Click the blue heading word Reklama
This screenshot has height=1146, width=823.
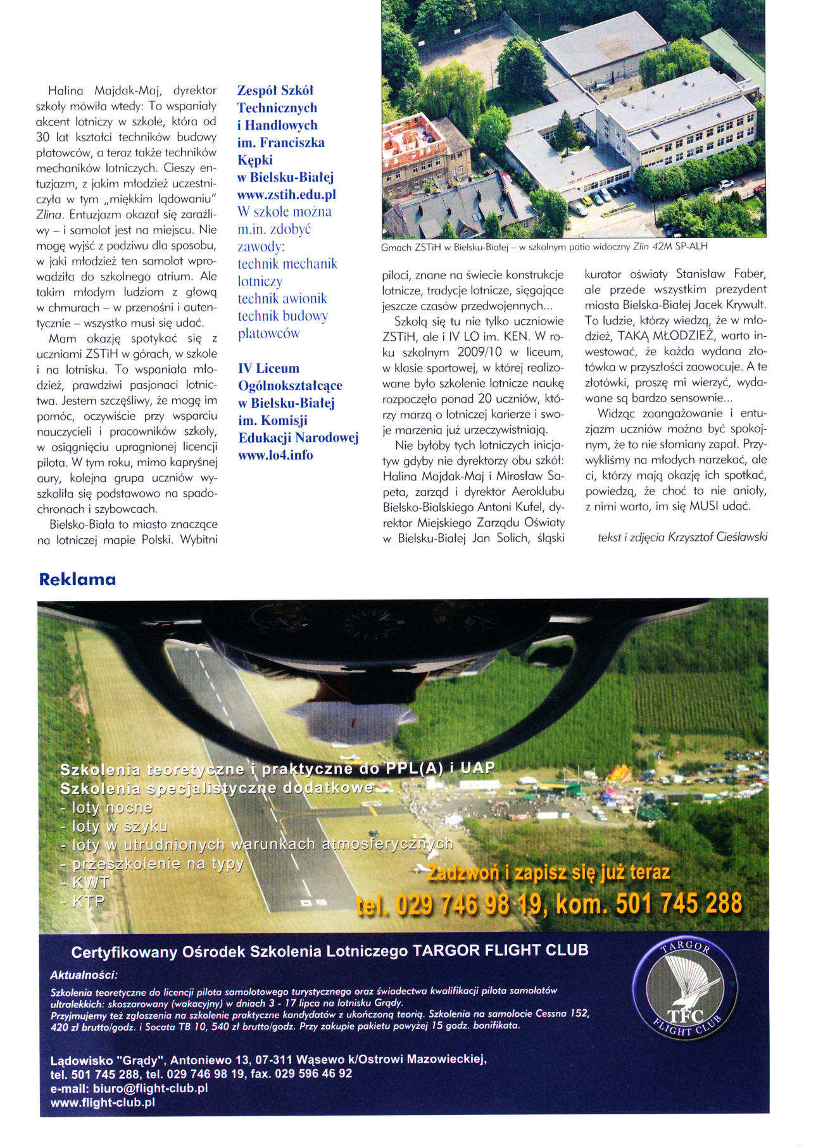pyautogui.click(x=77, y=579)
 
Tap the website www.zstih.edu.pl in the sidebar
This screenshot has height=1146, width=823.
pyautogui.click(x=286, y=194)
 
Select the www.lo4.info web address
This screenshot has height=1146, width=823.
pyautogui.click(x=275, y=455)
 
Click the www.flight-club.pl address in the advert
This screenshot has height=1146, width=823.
pyautogui.click(x=103, y=1102)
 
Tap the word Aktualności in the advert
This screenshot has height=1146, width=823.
pyautogui.click(x=84, y=974)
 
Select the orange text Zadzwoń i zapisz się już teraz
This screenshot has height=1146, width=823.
pyautogui.click(x=548, y=872)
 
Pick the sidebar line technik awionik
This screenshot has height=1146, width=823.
pyautogui.click(x=282, y=298)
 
